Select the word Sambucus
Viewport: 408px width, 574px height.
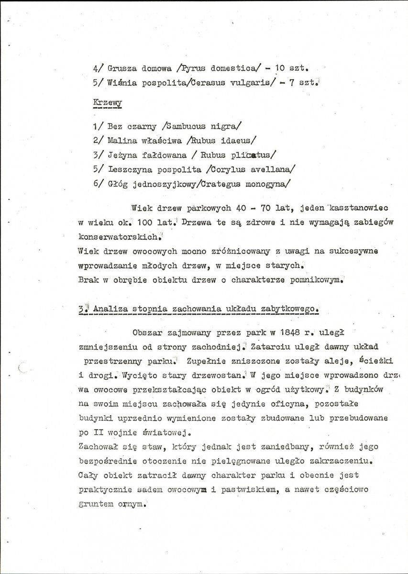pos(184,127)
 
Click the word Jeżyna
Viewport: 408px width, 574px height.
pos(123,155)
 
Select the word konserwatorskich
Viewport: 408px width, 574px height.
pos(119,237)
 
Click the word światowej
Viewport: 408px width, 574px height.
pos(157,434)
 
